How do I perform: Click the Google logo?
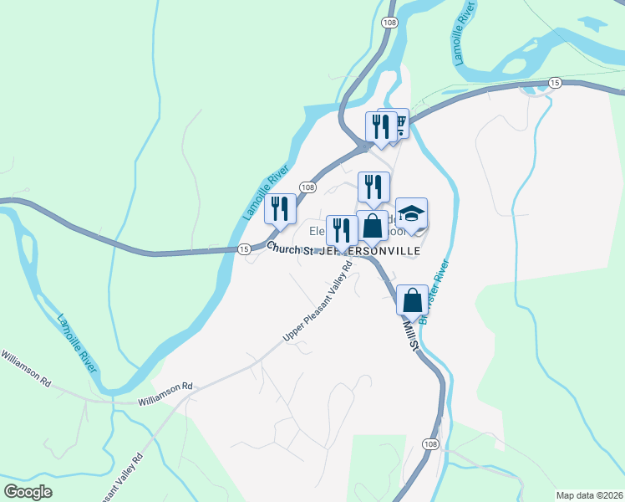tap(28, 491)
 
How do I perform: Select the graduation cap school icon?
tap(411, 213)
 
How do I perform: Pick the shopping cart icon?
tap(398, 125)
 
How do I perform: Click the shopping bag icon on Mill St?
tap(412, 300)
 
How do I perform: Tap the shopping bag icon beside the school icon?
tap(372, 226)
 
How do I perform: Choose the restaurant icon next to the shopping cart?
tap(381, 127)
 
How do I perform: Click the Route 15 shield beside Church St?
tap(243, 249)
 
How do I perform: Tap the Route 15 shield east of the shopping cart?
tap(555, 81)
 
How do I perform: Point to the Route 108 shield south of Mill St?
tap(429, 443)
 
